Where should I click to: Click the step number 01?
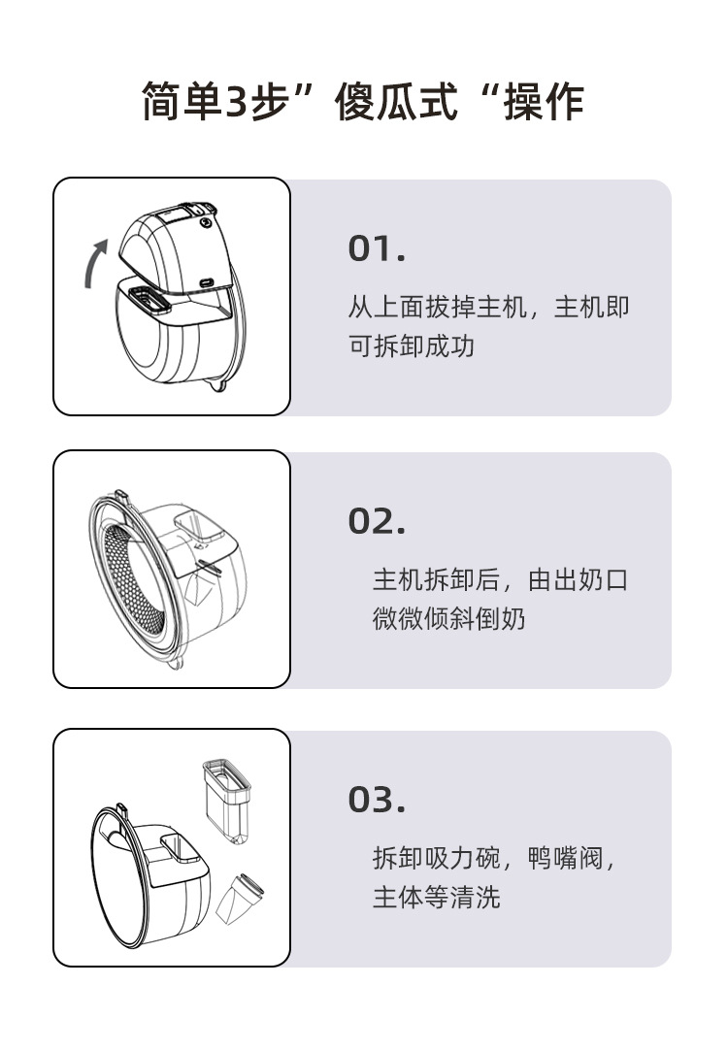point(376,249)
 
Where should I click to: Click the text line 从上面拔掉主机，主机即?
point(488,308)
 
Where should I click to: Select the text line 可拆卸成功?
point(412,345)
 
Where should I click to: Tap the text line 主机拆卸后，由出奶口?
point(501,580)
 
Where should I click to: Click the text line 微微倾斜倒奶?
point(448,618)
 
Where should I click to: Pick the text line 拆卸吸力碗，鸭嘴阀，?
point(495,858)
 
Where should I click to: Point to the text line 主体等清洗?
point(436,896)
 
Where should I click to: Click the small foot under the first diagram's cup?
point(215,389)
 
